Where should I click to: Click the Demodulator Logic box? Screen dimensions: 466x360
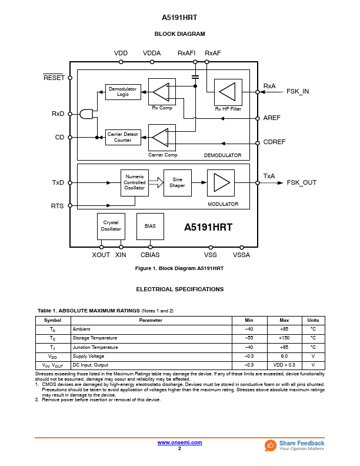123,92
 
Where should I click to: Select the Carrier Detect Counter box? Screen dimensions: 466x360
123,138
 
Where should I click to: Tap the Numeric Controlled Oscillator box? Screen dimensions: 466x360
135,182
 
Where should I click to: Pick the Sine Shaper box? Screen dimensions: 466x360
177,182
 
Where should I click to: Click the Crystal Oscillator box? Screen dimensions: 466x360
111,226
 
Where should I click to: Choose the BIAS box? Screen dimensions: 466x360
150,226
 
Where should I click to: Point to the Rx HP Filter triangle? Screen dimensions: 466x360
226,92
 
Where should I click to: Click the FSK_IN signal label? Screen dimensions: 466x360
298,92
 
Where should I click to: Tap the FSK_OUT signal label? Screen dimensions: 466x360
301,182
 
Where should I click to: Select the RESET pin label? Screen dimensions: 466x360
54,78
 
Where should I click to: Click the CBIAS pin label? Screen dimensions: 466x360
150,255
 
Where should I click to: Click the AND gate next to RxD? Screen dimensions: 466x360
87,114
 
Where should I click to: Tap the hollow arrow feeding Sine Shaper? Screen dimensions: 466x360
155,182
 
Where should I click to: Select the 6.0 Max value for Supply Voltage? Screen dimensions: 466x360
284,356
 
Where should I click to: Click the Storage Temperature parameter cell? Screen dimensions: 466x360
95,338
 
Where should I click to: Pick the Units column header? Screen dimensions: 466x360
313,320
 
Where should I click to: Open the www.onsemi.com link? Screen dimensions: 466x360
180,442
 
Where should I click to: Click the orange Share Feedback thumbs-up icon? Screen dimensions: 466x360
271,445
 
